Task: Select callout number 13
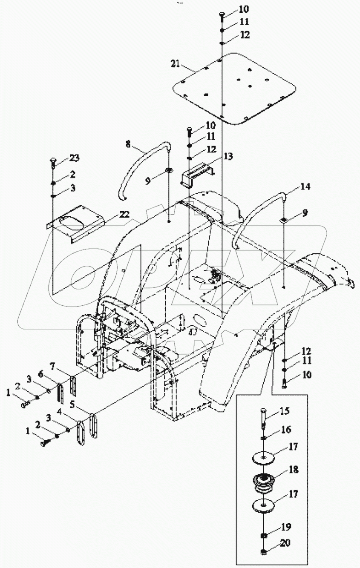coord(228,156)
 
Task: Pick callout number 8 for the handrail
coord(128,144)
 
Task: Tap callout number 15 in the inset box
coord(285,412)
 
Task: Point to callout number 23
coord(75,158)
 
